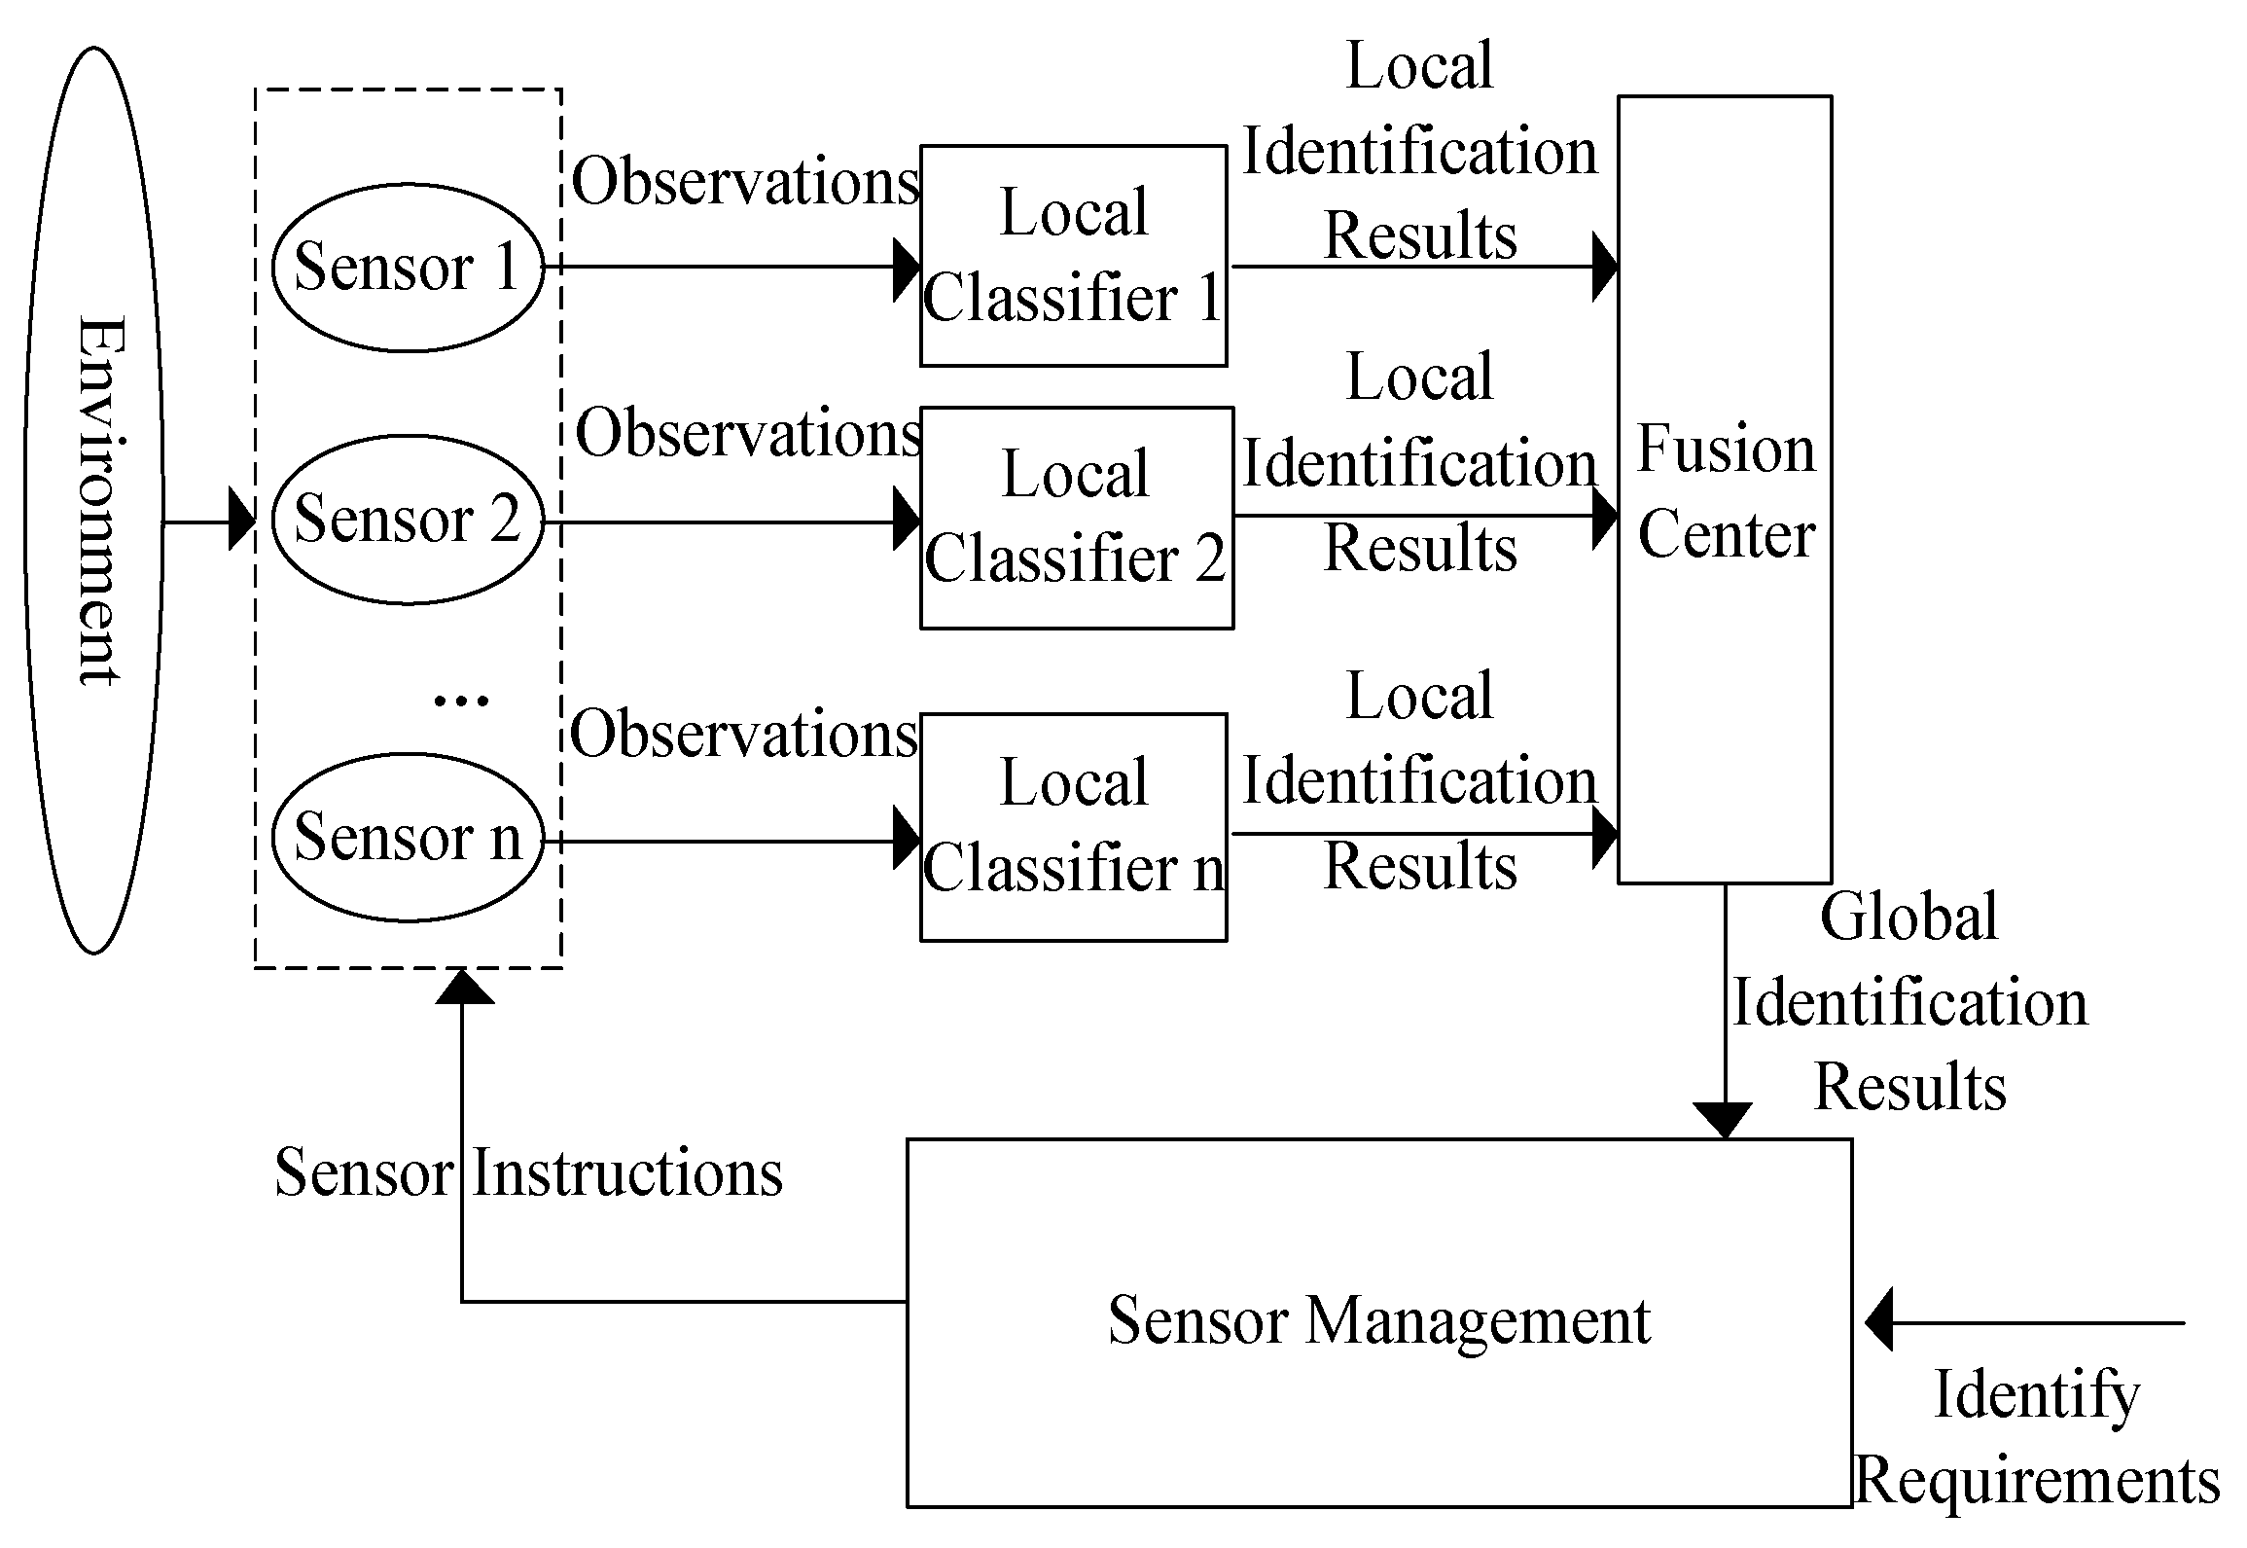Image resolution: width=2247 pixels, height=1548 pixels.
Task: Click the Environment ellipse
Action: point(93,500)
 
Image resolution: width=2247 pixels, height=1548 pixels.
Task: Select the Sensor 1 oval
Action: point(407,267)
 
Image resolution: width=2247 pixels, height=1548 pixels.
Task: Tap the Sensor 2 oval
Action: point(407,519)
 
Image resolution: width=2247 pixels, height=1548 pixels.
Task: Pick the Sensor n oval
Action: point(407,837)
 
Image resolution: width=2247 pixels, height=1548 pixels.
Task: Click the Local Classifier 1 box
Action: point(1073,256)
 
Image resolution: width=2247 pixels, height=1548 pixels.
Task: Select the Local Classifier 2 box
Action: point(1076,518)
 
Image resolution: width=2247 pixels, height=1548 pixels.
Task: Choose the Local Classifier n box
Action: point(1073,827)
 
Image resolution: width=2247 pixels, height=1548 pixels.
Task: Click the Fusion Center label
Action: point(1726,491)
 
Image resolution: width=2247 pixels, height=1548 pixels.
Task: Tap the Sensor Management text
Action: point(1379,1321)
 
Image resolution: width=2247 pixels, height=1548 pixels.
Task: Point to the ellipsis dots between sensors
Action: point(460,700)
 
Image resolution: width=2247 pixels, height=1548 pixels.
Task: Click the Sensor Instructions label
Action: point(528,1172)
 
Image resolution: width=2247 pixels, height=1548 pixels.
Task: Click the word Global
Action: point(1908,917)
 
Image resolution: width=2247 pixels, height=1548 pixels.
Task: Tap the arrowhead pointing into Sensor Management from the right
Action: point(1879,1322)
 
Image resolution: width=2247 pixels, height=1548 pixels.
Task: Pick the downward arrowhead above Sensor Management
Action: point(1723,1121)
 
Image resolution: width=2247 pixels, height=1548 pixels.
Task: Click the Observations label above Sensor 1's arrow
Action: point(745,182)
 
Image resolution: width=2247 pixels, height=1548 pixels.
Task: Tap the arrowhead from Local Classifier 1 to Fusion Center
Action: point(1604,267)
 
